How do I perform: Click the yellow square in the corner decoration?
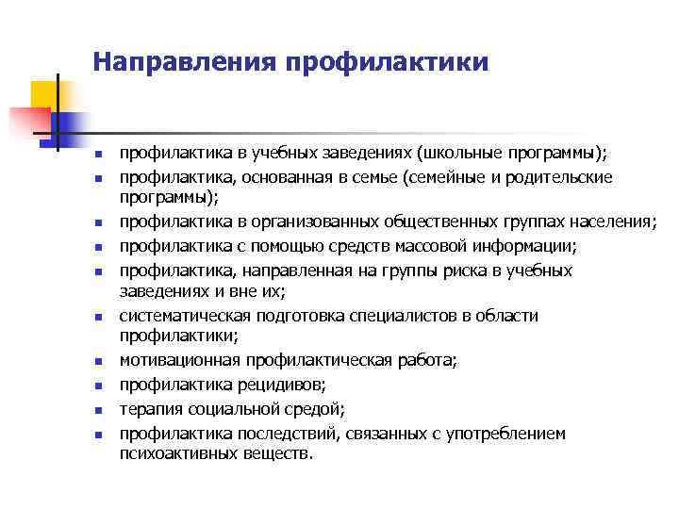(43, 94)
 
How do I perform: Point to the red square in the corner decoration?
(28, 122)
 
